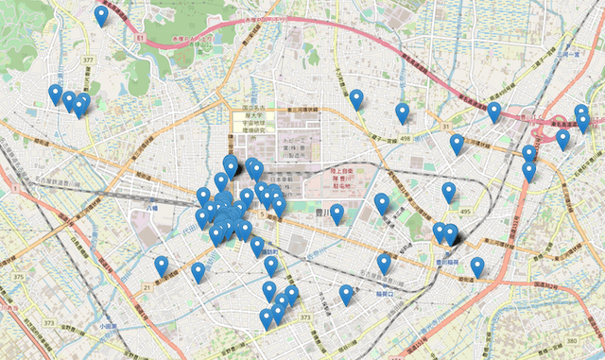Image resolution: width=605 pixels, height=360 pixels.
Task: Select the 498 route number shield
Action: pyautogui.click(x=405, y=137)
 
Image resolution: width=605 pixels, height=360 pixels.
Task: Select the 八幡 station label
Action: pyautogui.click(x=150, y=203)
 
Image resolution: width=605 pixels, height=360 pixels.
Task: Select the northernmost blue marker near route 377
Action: pyautogui.click(x=101, y=16)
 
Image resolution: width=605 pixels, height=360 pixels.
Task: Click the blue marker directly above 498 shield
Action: pyautogui.click(x=403, y=113)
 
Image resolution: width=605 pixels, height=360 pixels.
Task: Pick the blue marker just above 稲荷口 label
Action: pyautogui.click(x=384, y=263)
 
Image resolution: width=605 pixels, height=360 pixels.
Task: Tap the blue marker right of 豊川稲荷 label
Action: pyautogui.click(x=477, y=266)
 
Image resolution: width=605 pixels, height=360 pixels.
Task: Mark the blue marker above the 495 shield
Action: pyautogui.click(x=449, y=193)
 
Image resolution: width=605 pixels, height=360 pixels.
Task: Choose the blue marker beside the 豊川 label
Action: pyautogui.click(x=336, y=214)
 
